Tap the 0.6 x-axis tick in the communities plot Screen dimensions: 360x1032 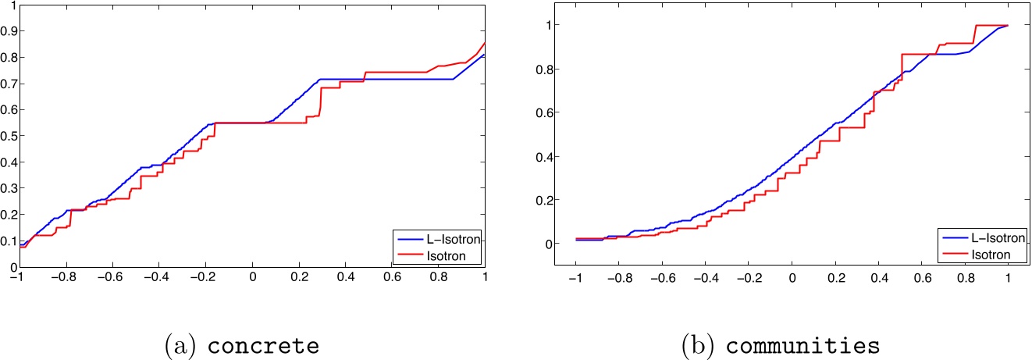click(921, 278)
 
